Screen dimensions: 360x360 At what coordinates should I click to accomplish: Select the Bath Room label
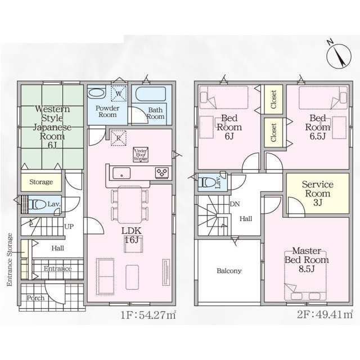[156, 113]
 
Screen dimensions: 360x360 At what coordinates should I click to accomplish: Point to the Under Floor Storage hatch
[141, 155]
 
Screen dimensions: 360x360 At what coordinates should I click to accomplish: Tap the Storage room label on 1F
[41, 182]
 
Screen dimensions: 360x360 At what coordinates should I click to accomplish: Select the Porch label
[35, 298]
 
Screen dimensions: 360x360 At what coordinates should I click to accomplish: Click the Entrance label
[58, 269]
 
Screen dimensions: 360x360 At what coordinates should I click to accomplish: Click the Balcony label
[229, 271]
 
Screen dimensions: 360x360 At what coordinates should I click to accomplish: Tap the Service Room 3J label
[318, 193]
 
